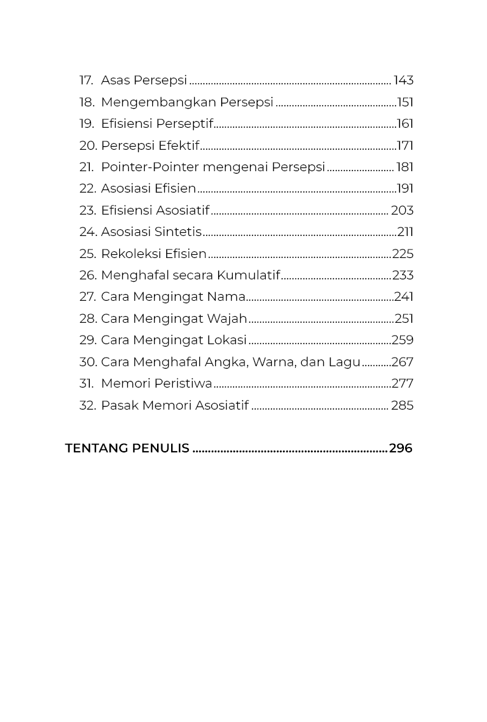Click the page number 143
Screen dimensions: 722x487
coord(403,80)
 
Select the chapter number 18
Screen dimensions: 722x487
coord(87,102)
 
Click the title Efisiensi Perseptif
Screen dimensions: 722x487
coord(156,123)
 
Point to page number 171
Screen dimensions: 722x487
coord(405,146)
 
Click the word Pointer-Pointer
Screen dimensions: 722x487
coord(150,167)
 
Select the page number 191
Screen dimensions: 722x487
coord(405,188)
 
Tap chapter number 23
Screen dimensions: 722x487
coord(87,210)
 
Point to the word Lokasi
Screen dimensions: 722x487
coord(227,340)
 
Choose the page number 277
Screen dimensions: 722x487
coord(403,383)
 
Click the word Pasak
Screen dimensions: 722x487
coord(120,405)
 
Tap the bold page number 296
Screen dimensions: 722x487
coord(401,448)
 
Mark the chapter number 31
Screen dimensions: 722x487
coord(86,383)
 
